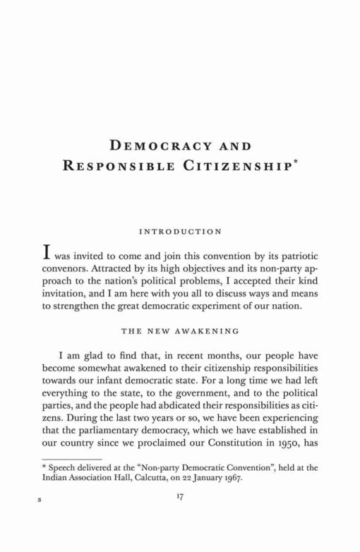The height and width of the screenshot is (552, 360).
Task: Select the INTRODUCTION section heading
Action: [x=180, y=231]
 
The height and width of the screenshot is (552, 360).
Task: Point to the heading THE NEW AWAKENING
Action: [x=180, y=330]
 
